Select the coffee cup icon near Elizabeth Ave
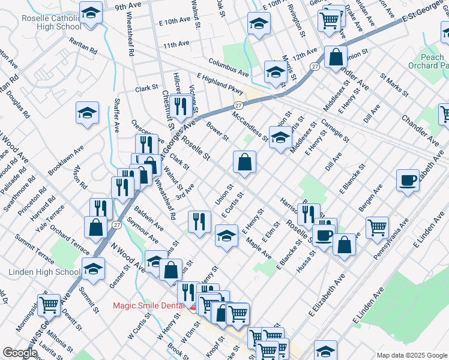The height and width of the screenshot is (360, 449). point(408,180)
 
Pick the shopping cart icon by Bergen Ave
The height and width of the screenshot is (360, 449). point(377,227)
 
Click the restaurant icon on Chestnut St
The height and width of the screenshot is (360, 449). point(179,107)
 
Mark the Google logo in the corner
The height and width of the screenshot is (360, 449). point(20,353)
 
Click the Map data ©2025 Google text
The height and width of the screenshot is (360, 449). point(411,355)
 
